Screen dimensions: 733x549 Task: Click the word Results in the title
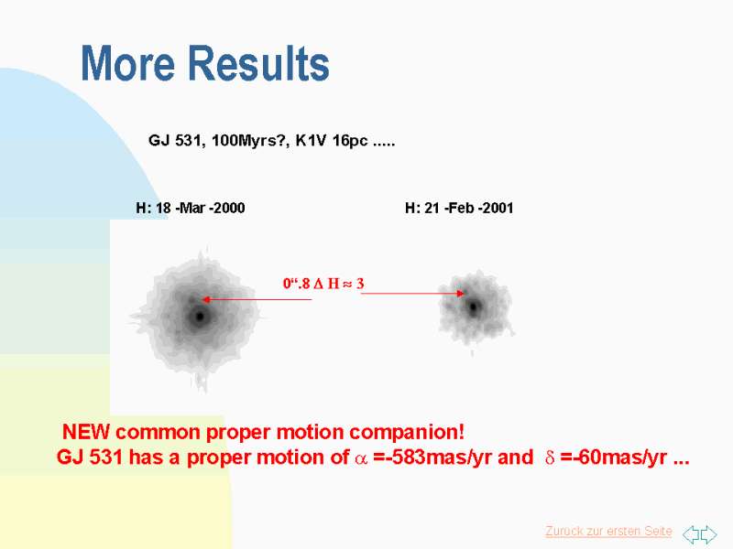(259, 63)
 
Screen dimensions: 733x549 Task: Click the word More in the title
(128, 63)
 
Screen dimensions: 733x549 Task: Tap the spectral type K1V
(311, 140)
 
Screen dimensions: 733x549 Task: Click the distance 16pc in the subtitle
(350, 141)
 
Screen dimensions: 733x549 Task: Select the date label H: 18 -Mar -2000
(191, 208)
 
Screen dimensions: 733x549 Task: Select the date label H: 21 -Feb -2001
(459, 208)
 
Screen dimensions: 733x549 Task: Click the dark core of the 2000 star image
(200, 317)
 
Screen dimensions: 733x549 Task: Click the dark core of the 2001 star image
(474, 307)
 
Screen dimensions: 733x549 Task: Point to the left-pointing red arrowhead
(205, 300)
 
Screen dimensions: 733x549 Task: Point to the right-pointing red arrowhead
(461, 293)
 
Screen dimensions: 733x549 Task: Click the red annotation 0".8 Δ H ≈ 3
(323, 284)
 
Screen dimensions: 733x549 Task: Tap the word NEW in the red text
(86, 432)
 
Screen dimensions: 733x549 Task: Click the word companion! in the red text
(407, 432)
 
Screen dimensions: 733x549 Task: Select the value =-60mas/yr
(614, 457)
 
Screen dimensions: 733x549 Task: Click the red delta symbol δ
(550, 457)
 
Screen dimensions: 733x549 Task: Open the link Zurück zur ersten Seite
(608, 532)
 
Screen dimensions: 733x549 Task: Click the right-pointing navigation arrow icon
(708, 534)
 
